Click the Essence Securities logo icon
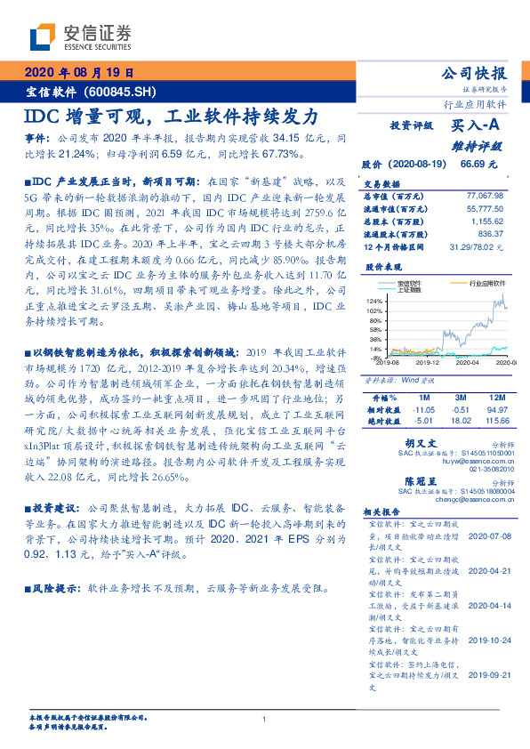(x=43, y=36)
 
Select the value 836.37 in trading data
(x=491, y=233)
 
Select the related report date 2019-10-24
(x=488, y=640)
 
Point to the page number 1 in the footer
(x=265, y=720)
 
